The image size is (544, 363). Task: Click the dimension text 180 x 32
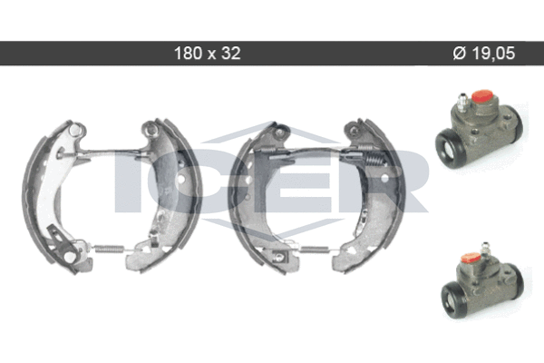pyautogui.click(x=207, y=54)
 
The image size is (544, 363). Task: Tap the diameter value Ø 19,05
pyautogui.click(x=484, y=54)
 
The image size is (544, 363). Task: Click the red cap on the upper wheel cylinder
pyautogui.click(x=482, y=96)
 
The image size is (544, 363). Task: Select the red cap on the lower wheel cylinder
pyautogui.click(x=471, y=258)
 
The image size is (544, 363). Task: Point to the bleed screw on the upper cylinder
pyautogui.click(x=461, y=102)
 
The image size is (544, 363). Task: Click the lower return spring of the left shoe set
pyautogui.click(x=109, y=249)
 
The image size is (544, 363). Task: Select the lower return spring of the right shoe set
pyautogui.click(x=314, y=250)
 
